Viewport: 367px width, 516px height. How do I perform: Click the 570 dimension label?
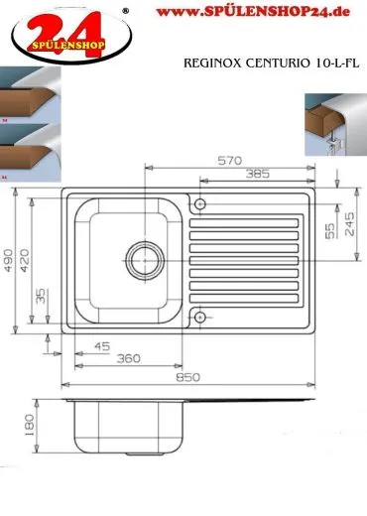[x=230, y=161]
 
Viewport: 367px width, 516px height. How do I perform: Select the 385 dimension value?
[x=258, y=174]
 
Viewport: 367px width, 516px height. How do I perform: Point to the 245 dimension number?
[x=349, y=224]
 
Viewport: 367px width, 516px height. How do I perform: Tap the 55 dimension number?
[x=330, y=230]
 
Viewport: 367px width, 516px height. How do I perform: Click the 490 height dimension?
[x=8, y=260]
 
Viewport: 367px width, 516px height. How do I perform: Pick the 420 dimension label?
[x=24, y=260]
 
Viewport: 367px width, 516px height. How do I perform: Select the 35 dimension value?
[x=41, y=296]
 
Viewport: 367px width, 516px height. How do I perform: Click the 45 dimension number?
[x=102, y=346]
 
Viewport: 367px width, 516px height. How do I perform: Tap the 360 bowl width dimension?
[x=128, y=358]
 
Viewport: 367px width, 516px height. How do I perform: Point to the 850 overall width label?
[x=187, y=377]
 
